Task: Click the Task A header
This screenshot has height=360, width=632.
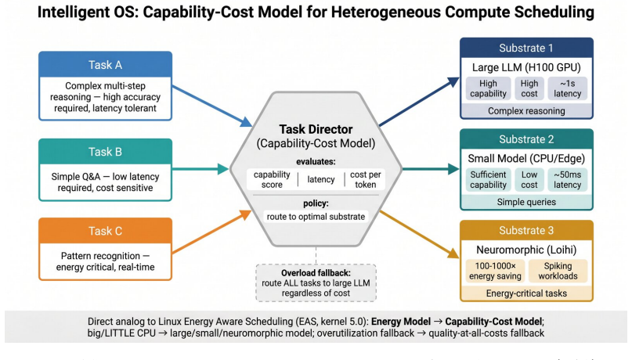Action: (x=105, y=64)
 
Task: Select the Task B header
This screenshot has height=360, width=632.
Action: (x=105, y=151)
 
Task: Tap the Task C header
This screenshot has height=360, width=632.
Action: (x=105, y=231)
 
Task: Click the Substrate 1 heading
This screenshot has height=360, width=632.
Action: (x=526, y=48)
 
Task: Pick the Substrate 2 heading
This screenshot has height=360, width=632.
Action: (x=526, y=139)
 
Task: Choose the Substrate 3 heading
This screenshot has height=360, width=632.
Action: (x=526, y=230)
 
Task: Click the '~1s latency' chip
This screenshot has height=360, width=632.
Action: (x=567, y=88)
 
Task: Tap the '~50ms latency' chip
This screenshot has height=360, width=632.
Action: (x=567, y=179)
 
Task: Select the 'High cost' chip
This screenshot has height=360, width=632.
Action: (x=529, y=88)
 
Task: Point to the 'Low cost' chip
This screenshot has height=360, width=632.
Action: (x=529, y=179)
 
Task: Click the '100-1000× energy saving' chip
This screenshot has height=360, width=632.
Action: (x=495, y=271)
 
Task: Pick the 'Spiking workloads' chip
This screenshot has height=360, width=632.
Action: (x=558, y=271)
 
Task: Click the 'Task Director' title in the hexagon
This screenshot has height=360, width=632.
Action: (x=316, y=129)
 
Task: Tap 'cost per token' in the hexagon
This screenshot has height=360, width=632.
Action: (x=365, y=179)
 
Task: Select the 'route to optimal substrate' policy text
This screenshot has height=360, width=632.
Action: (x=316, y=217)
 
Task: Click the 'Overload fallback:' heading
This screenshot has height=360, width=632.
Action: (x=316, y=273)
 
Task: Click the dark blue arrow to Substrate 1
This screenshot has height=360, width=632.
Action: (x=419, y=102)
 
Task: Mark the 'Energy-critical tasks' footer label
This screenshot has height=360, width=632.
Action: (x=526, y=293)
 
